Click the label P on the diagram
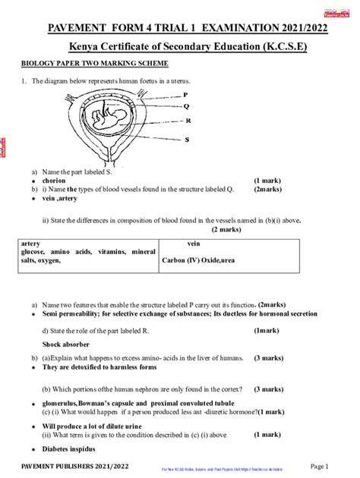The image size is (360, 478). click(186, 95)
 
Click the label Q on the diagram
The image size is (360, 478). click(186, 107)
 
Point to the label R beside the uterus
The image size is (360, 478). click(186, 121)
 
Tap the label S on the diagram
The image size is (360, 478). click(186, 140)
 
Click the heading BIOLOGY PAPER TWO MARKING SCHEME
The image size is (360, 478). click(84, 65)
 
